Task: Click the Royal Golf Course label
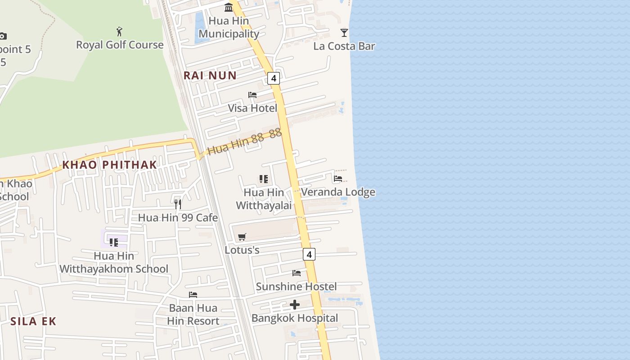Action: (120, 45)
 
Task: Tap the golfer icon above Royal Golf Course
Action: (119, 31)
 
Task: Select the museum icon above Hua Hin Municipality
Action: (229, 7)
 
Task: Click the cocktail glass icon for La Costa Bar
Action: (344, 32)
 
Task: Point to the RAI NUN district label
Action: (210, 75)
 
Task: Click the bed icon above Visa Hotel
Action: (252, 95)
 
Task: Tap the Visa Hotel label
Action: (252, 108)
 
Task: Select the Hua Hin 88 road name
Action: (244, 142)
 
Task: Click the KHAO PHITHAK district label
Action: (109, 165)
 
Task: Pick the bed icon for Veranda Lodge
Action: (338, 179)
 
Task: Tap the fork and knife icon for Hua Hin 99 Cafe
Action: (178, 204)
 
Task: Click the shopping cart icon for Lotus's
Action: (242, 237)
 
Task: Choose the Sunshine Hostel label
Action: (296, 286)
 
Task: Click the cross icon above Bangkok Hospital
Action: (295, 305)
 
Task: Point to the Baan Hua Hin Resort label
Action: (193, 315)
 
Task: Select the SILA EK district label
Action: (33, 321)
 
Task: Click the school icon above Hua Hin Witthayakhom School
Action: (114, 243)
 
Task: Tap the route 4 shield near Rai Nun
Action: (273, 78)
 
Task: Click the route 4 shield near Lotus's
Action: (309, 254)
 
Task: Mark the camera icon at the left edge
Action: (3, 36)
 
